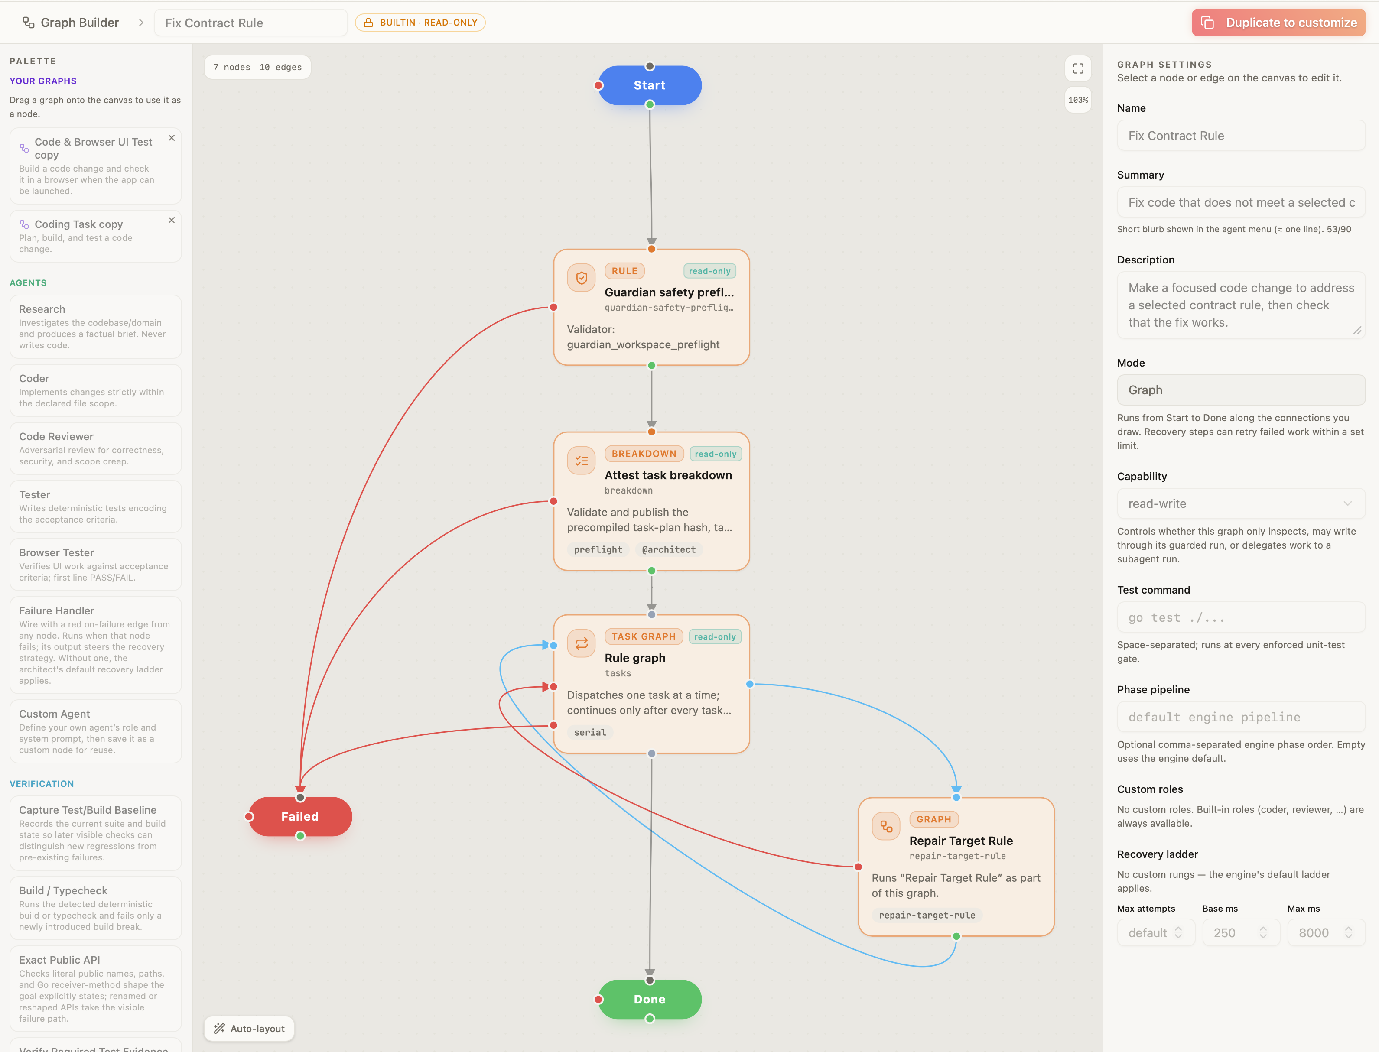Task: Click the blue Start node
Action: [650, 85]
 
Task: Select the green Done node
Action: [650, 1000]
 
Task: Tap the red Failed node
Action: [300, 817]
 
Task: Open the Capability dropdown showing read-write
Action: [1241, 503]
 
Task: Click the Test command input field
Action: [1241, 617]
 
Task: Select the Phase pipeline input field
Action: [1241, 717]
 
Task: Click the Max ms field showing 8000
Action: [1326, 933]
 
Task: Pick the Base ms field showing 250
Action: [1241, 933]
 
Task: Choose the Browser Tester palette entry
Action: [96, 564]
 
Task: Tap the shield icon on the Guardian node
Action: [581, 277]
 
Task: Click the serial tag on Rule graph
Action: [590, 732]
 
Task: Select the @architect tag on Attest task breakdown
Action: [668, 549]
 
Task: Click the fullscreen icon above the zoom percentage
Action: [1078, 68]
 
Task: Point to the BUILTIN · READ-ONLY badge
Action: [420, 23]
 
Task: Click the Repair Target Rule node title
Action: [961, 841]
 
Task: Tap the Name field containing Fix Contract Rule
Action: [1241, 135]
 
